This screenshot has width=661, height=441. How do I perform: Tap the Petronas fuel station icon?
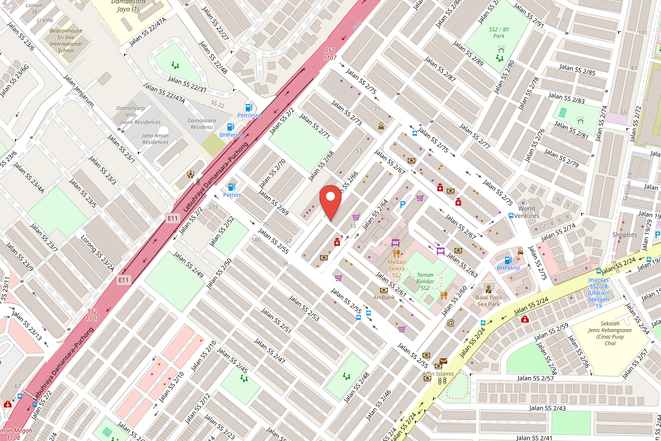point(249,106)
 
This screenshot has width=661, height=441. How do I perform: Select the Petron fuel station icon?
point(232,187)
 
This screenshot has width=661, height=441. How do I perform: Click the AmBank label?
point(384,297)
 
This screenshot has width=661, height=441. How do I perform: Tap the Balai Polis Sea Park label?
point(487,300)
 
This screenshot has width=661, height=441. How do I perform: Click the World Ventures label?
point(526,212)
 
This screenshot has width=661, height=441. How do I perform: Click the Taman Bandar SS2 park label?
point(425,281)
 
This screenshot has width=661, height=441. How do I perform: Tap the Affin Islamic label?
point(438,373)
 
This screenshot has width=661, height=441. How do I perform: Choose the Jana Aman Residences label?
point(155,138)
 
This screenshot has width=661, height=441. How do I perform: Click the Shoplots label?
point(624,235)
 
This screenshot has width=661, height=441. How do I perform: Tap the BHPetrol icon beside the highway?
point(231,127)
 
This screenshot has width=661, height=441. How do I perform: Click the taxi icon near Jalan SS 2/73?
point(381,127)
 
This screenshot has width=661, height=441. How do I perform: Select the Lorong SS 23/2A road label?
point(97,254)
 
